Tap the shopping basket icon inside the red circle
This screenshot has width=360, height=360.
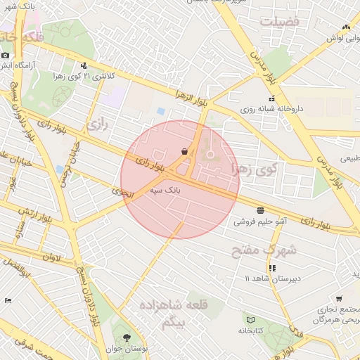coord(184,151)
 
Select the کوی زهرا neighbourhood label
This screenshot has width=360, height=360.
coord(255,169)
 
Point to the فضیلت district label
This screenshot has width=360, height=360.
coord(279,22)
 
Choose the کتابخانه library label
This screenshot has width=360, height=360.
coord(250,330)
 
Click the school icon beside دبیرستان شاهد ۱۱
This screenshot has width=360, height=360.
coord(272,268)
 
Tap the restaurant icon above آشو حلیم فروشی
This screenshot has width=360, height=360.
coord(261,210)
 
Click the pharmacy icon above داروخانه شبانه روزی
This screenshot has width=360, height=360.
coord(271,98)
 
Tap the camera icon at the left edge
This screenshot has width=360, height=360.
coord(5,55)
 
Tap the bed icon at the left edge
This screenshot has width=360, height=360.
coord(8,300)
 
